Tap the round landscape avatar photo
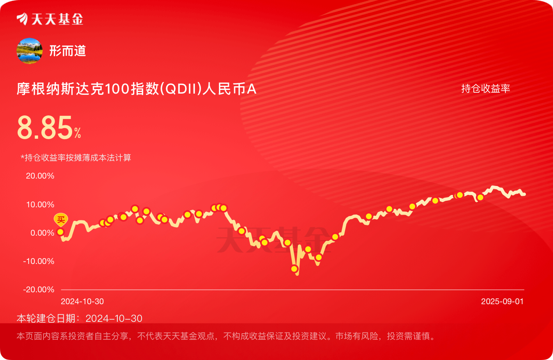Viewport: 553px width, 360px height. [x=30, y=51]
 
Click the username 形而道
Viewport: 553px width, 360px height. [x=68, y=51]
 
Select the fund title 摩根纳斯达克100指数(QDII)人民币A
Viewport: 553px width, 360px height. [x=137, y=89]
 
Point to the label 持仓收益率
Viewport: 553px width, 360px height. [x=486, y=88]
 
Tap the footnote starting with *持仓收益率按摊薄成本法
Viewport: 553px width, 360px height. [x=76, y=157]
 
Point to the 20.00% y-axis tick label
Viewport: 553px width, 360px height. [x=40, y=176]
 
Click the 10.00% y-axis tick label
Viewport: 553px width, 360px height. [x=40, y=204]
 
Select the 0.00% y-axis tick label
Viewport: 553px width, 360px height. [x=42, y=233]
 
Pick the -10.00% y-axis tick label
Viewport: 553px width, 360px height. [x=39, y=261]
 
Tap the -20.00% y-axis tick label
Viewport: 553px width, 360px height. [x=39, y=289]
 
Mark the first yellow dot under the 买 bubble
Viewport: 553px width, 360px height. [x=60, y=232]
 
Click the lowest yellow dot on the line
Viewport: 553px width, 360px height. [x=294, y=268]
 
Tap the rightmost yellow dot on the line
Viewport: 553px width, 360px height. [x=480, y=197]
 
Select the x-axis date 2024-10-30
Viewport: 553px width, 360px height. [x=82, y=301]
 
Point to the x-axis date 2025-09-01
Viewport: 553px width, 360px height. [x=503, y=301]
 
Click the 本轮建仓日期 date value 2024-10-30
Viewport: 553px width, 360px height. [x=114, y=319]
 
